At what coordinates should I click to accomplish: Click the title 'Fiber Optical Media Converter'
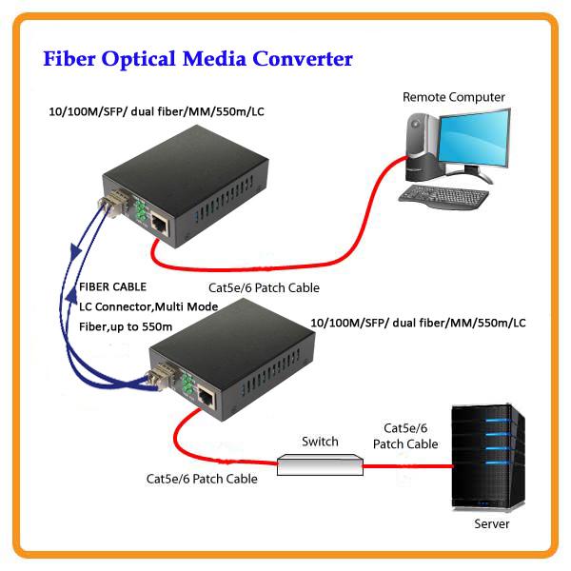(199, 59)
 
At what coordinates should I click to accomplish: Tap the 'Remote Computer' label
(454, 97)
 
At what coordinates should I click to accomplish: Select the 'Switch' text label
(320, 442)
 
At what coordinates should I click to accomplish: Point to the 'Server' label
(491, 524)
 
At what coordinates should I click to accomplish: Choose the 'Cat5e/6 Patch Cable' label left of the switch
(202, 479)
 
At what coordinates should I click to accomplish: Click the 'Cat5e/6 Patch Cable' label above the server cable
(411, 436)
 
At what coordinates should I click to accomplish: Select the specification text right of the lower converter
(419, 324)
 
